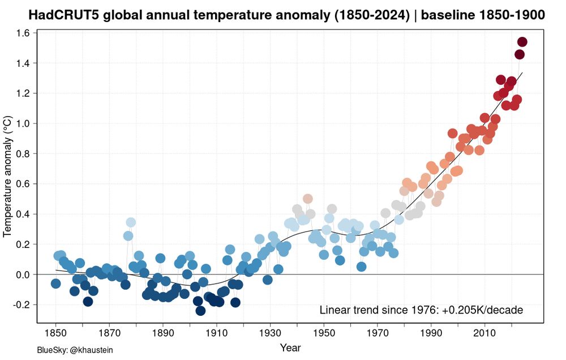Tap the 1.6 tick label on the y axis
(23, 33)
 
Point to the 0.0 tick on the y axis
(23, 275)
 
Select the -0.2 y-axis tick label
(21, 305)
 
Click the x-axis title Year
(290, 347)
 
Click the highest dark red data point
(522, 42)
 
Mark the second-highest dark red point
(520, 54)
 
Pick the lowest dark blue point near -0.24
(200, 310)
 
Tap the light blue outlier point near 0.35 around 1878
(131, 222)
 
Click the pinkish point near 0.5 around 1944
(308, 199)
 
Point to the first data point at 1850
(55, 283)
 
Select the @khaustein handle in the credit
(91, 350)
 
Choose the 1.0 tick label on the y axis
(23, 123)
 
